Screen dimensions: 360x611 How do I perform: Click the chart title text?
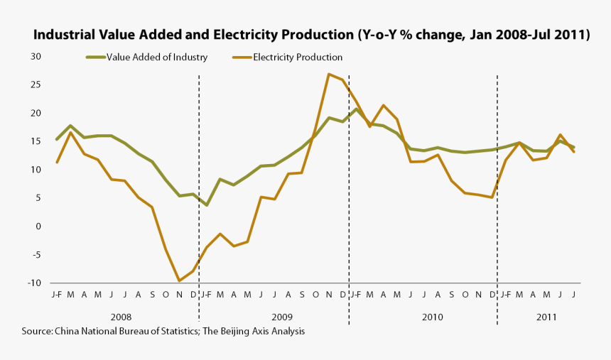tap(312, 35)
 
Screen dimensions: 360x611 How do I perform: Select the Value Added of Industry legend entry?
tap(156, 58)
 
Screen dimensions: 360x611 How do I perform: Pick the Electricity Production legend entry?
tap(298, 58)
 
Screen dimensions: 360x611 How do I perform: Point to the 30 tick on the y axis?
tap(36, 56)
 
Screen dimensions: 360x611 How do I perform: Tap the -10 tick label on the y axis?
tap(33, 283)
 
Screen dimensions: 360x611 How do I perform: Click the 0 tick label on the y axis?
tap(38, 227)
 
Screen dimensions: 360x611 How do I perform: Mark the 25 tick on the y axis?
tap(36, 84)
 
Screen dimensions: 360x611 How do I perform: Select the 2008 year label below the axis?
tap(121, 317)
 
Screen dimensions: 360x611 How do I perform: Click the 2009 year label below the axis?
tap(281, 317)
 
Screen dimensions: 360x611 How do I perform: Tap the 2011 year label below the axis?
tap(547, 317)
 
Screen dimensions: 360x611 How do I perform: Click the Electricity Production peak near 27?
tap(329, 74)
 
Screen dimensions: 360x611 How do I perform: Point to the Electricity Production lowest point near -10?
tap(179, 280)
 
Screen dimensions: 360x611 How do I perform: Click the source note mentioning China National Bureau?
tap(163, 332)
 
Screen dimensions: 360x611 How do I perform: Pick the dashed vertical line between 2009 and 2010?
tap(348, 213)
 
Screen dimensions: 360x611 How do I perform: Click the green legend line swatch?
tap(95, 58)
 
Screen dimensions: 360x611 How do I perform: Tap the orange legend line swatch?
tap(242, 58)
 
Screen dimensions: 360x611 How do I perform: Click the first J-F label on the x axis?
tap(57, 294)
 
